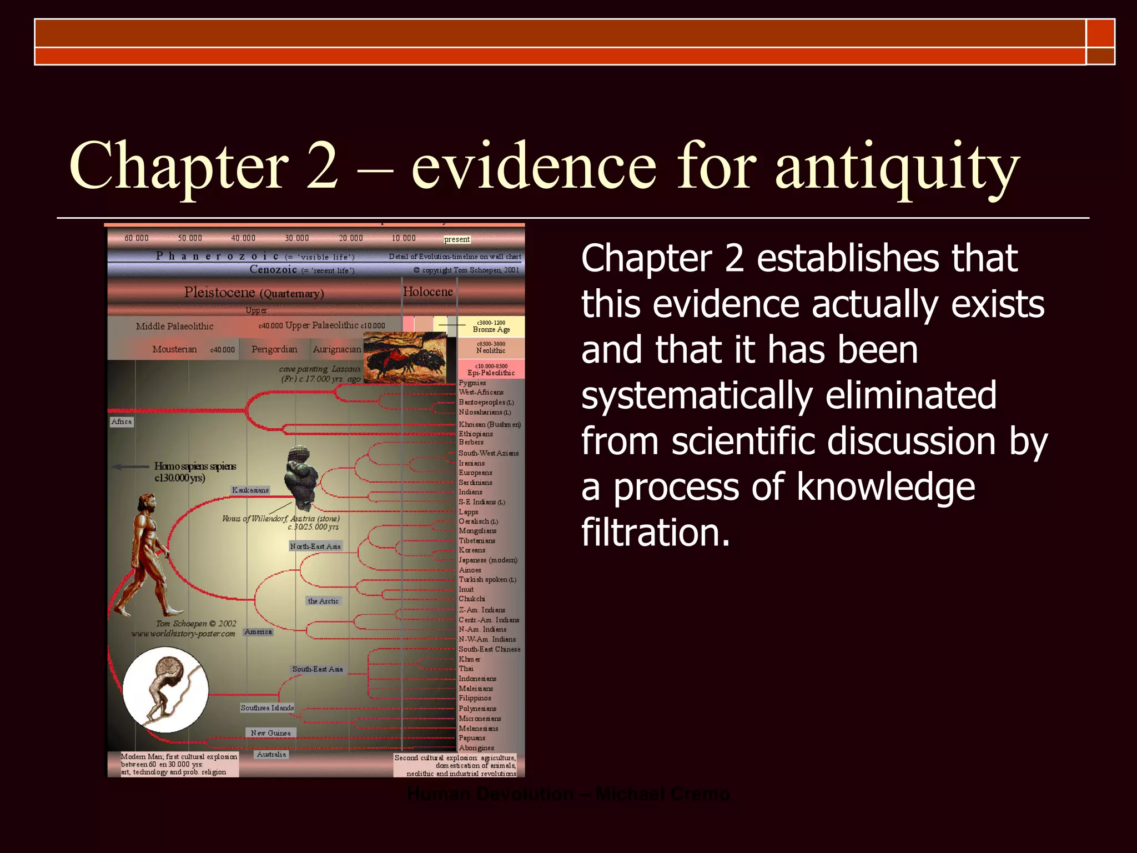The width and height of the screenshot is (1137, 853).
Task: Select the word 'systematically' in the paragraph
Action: (x=788, y=395)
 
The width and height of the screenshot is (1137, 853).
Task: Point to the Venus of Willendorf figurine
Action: (x=301, y=478)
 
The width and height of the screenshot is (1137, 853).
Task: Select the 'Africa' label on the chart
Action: (x=122, y=422)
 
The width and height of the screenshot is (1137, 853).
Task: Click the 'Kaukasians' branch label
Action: (x=250, y=490)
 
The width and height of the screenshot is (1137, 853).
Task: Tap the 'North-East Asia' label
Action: (x=315, y=546)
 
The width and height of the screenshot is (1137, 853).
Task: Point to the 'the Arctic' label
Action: (x=323, y=601)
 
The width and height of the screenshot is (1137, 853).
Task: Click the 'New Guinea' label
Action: (x=270, y=733)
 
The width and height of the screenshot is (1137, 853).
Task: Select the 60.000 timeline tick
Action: (x=137, y=238)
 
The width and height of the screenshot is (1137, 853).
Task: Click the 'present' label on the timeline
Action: (x=457, y=239)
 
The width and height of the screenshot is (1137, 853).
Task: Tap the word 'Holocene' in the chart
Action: (x=427, y=292)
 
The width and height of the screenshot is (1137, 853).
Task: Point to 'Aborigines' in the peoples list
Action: (x=476, y=748)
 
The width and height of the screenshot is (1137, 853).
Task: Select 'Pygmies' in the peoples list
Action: (x=472, y=383)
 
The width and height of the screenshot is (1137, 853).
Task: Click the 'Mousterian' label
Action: (x=174, y=349)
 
